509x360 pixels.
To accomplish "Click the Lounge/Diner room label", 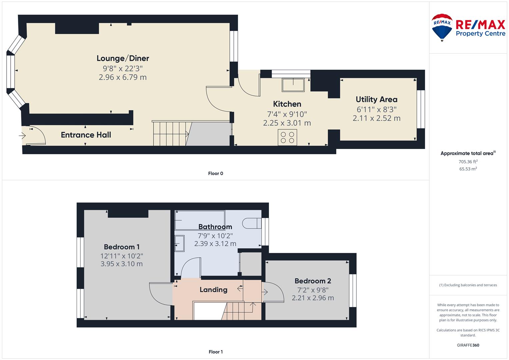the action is (123, 58).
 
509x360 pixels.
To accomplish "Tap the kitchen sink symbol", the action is (293, 85).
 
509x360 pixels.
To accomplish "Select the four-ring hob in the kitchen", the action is (287, 137).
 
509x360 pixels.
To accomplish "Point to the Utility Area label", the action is (377, 100).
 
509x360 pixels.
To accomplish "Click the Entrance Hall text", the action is (86, 135).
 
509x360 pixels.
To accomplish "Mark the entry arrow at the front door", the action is (22, 136).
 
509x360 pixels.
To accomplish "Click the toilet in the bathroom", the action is (252, 223).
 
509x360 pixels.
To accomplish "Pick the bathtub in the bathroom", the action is (200, 220).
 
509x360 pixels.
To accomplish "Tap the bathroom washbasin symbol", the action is (179, 243).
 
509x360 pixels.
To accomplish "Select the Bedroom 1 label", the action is (122, 247).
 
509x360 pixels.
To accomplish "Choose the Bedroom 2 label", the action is (313, 281).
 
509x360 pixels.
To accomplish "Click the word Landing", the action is (213, 290).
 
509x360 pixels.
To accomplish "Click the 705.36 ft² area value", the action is (468, 162).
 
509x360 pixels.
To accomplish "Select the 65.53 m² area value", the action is (468, 169).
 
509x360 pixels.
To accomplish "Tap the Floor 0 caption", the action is (215, 173).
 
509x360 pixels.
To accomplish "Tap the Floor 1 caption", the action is (215, 352).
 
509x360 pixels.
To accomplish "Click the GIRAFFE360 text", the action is (468, 345).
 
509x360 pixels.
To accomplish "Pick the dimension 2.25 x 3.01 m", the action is (287, 123).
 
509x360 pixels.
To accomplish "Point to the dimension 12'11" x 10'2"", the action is (122, 256).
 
